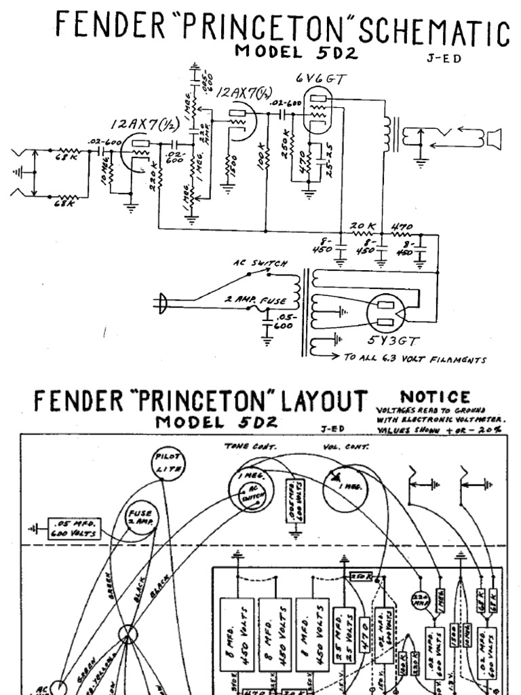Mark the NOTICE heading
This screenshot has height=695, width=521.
(425, 396)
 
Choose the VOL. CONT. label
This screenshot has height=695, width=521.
(346, 446)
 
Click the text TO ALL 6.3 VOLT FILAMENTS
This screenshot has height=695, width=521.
(414, 360)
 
